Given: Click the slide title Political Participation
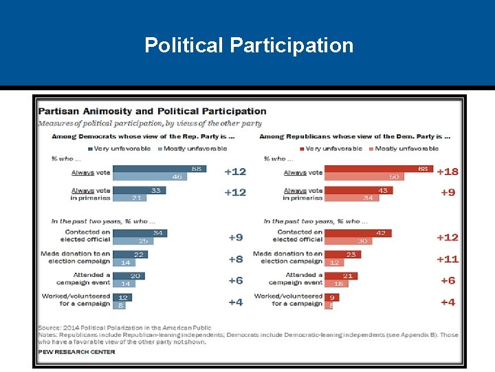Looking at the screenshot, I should click(249, 45).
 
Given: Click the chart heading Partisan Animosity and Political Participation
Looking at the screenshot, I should click(152, 111).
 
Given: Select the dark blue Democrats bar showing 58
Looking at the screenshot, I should click(159, 169).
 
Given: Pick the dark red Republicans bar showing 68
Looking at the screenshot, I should click(378, 169).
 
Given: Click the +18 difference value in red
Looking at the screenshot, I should click(447, 172).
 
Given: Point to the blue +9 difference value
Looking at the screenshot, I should click(235, 237).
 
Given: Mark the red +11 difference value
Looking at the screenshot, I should click(447, 259).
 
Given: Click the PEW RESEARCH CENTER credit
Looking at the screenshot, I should click(76, 352).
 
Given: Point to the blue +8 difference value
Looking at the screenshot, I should click(235, 259).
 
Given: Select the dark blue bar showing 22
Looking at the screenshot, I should click(129, 254).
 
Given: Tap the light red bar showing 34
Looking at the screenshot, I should click(350, 198).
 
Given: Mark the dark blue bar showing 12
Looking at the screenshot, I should click(122, 298).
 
